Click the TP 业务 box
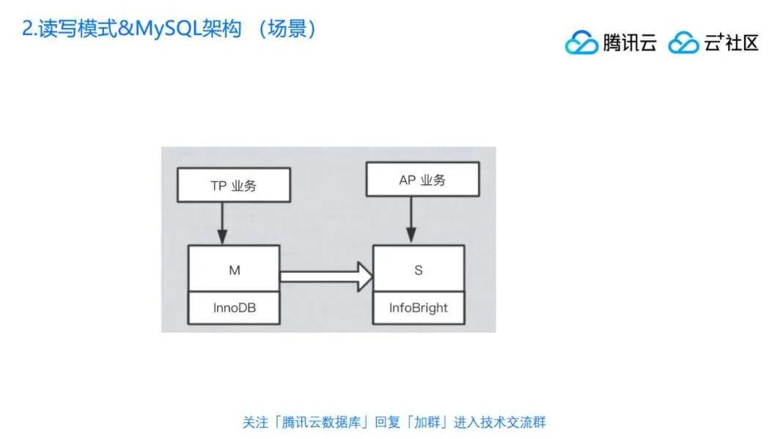pos(234,185)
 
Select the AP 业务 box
pos(422,179)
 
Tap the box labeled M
pos(234,269)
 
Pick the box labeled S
pos(419,269)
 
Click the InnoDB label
pos(234,308)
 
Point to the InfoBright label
pos(419,308)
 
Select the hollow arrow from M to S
pos(326,277)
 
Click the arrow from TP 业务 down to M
pos(222,224)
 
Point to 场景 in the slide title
pos(287,29)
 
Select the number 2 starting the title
pos(27,29)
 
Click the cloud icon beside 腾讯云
pos(581,43)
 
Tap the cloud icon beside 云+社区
pos(683,43)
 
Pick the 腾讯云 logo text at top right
pos(629,43)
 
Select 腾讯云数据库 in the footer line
pos(321,423)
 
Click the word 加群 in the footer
pos(427,423)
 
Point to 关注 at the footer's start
pos(256,423)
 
